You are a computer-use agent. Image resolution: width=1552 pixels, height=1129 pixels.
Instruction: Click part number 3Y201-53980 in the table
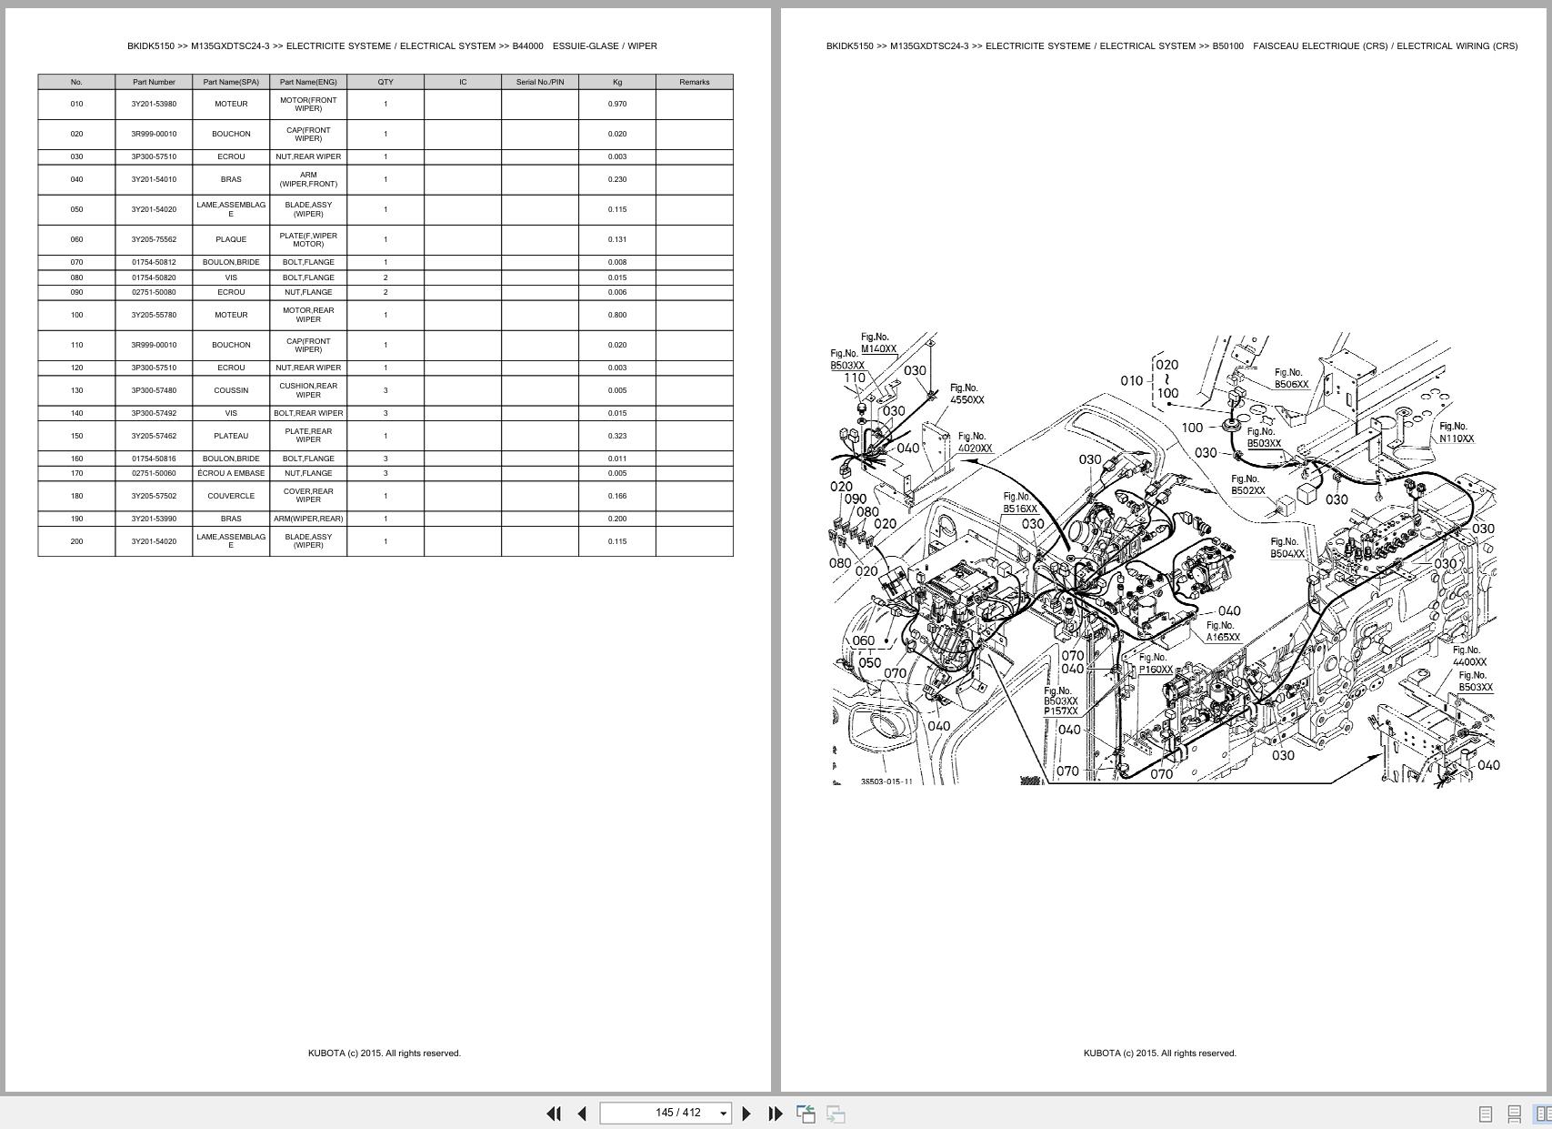(154, 104)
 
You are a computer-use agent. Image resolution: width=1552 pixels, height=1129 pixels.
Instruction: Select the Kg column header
(617, 82)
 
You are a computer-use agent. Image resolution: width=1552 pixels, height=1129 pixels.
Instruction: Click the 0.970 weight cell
(617, 104)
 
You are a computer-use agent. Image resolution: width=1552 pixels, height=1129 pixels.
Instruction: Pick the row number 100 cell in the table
(76, 315)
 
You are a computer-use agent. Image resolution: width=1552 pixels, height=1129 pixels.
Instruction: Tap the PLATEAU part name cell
(231, 436)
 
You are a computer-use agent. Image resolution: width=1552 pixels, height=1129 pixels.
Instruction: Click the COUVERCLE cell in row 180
(231, 496)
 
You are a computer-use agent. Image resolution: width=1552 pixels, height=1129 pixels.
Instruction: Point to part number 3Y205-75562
(154, 239)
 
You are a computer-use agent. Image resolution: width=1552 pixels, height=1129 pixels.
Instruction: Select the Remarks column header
(694, 82)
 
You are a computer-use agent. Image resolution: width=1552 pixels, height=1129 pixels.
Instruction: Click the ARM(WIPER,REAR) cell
(308, 519)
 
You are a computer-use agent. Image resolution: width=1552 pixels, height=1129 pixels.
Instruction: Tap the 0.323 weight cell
(617, 436)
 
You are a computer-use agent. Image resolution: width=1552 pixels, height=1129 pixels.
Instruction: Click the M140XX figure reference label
(878, 349)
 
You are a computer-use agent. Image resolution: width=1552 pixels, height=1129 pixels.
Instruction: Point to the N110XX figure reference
(1457, 438)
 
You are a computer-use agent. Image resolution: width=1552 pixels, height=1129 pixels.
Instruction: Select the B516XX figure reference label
(1020, 509)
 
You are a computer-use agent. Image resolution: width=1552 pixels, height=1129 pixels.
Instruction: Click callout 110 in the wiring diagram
(855, 378)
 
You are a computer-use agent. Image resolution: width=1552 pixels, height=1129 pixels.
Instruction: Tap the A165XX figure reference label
(1223, 637)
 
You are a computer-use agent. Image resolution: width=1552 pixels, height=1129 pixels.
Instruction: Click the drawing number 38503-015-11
(886, 781)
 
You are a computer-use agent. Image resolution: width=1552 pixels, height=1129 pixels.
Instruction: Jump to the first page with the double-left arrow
(553, 1114)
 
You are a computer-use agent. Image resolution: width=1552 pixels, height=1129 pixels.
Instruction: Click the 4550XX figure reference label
(966, 399)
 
